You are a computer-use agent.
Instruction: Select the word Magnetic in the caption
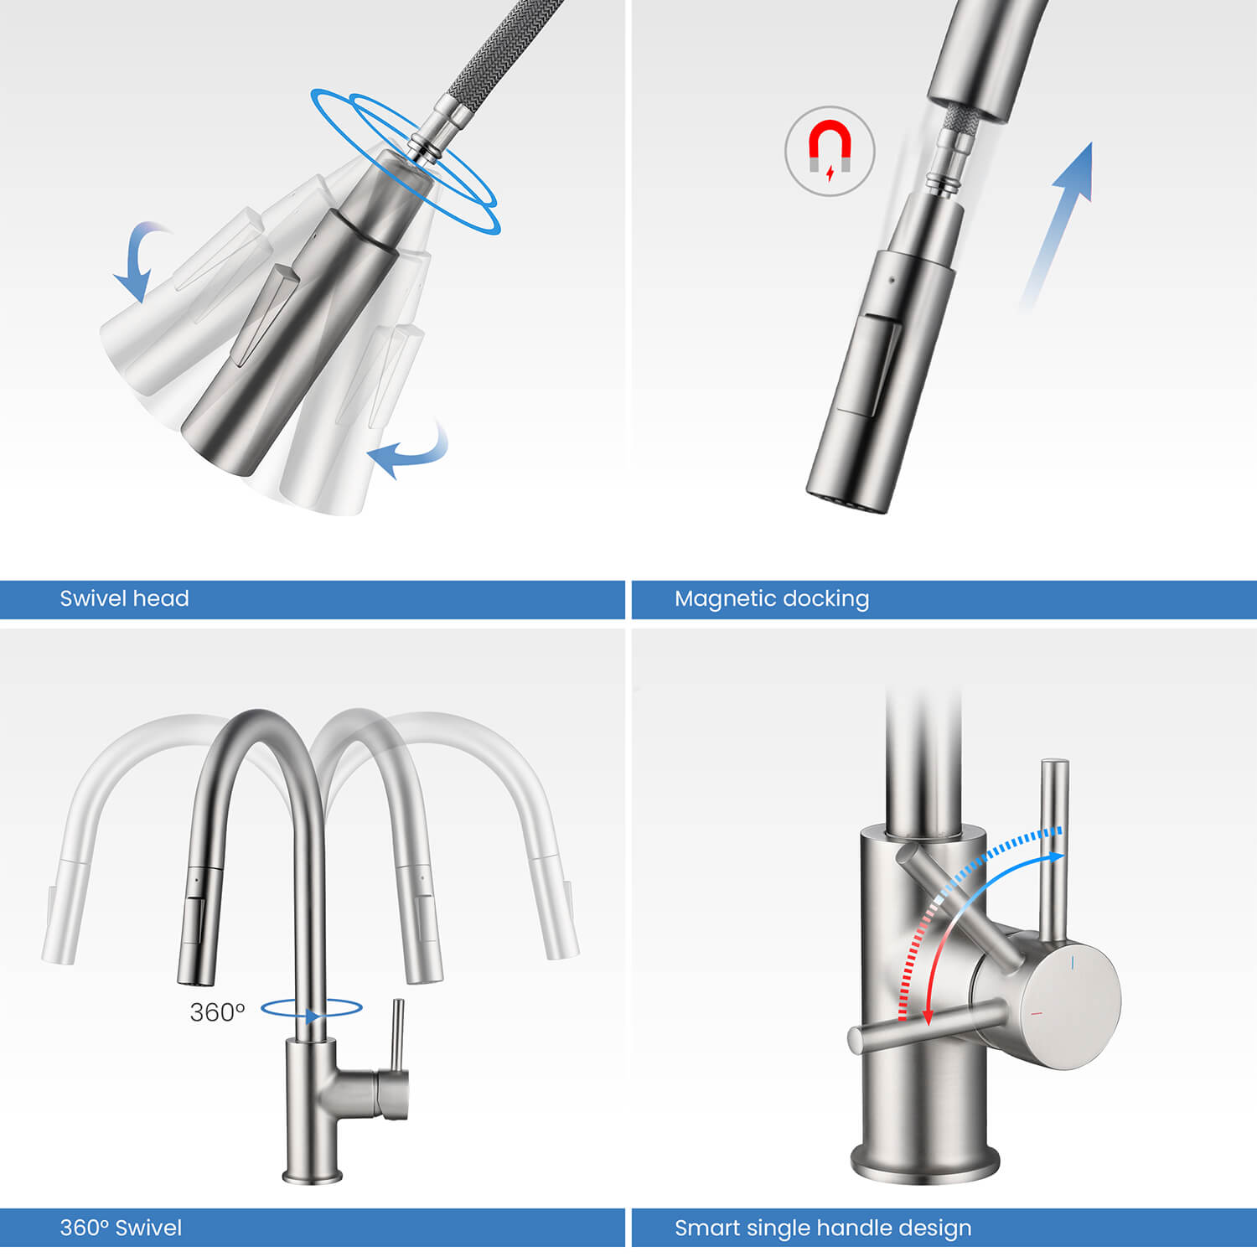[722, 598]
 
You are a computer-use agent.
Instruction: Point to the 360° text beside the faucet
[217, 1012]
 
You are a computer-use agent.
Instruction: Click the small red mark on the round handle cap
[1037, 1014]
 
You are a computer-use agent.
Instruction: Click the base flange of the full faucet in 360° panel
[312, 1177]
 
